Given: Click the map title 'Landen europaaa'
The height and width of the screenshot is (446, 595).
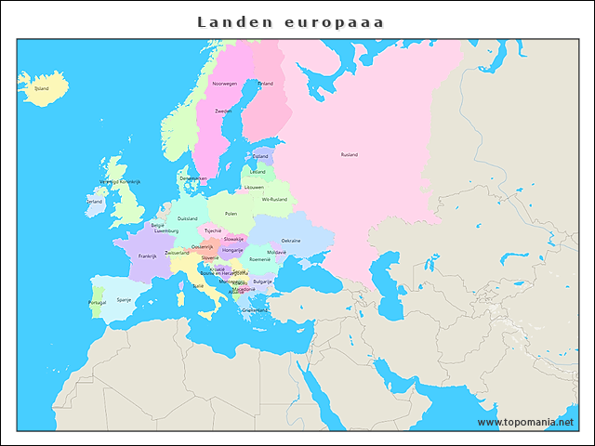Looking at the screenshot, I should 290,20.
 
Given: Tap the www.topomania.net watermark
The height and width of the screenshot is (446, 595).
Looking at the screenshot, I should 525,422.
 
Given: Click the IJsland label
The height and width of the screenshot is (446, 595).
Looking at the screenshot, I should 41,89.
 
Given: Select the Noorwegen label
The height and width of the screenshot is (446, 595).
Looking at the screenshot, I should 224,84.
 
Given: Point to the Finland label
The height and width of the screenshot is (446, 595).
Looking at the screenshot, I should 266,84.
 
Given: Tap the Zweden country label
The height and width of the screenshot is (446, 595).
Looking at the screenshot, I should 223,111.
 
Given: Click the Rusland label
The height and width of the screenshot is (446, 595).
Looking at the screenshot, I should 349,154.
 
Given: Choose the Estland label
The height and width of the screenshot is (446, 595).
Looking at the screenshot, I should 260,156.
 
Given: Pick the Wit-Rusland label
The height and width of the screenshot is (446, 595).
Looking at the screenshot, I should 274,199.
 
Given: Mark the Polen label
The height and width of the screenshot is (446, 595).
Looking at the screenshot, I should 231,214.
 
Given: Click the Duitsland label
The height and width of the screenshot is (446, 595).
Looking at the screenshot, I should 187,218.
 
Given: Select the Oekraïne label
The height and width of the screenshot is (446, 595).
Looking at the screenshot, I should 291,240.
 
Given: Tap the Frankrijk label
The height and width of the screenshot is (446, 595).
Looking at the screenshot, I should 147,256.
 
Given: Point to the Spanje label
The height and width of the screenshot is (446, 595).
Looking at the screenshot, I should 124,300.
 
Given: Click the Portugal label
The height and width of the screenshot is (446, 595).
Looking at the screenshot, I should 97,303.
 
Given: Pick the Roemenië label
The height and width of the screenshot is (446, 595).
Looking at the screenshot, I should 260,259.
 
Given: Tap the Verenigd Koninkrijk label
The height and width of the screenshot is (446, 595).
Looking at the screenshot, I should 119,181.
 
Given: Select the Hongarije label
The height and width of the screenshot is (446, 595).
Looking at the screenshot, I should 232,250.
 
